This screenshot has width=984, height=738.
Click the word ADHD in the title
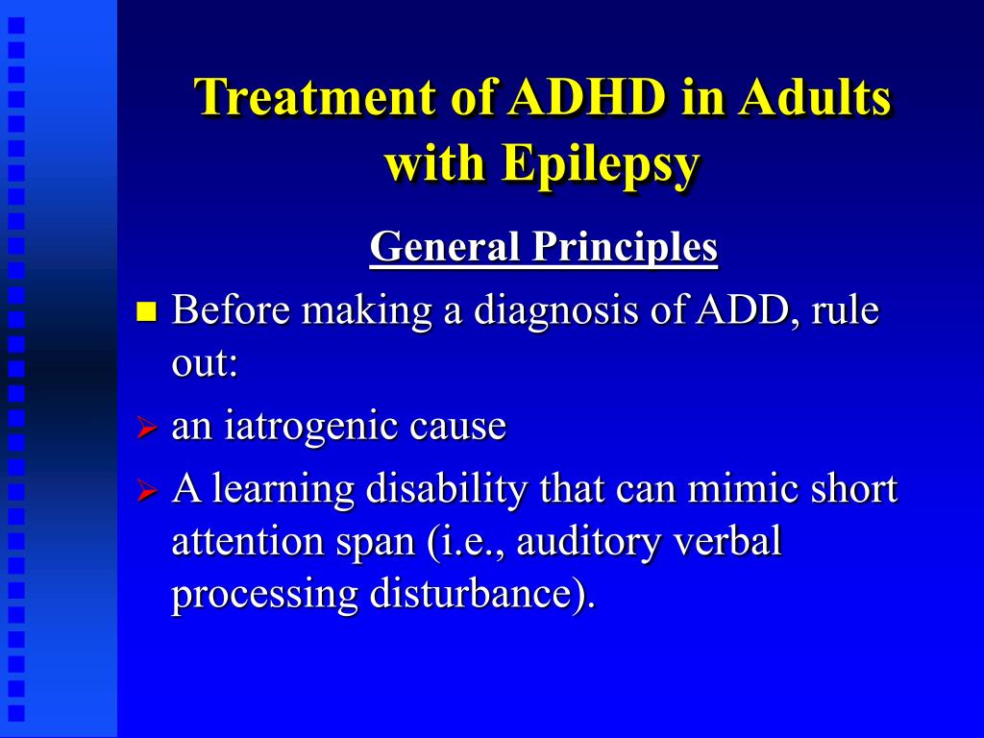pos(587,97)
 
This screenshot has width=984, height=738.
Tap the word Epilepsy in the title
pos(601,163)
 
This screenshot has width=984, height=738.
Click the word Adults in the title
pos(814,97)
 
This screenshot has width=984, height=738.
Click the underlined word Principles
pos(625,247)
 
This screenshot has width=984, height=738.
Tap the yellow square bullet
pos(146,311)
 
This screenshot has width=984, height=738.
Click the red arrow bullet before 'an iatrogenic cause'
pos(146,428)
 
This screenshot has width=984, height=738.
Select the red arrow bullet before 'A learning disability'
pos(146,490)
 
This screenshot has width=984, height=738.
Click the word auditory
pos(588,542)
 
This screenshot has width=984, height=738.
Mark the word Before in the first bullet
pos(231,309)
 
